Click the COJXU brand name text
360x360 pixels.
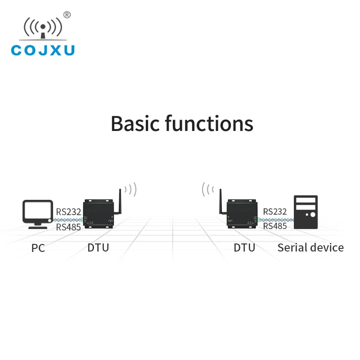43,49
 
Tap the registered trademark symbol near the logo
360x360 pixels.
67,15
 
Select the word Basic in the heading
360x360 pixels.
135,123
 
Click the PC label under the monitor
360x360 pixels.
38,247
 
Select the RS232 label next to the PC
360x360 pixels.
68,211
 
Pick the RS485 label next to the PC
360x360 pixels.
68,227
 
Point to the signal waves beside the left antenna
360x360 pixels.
131,189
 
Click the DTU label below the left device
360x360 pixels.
98,247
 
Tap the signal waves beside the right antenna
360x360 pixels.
207,189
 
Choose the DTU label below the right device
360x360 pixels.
244,247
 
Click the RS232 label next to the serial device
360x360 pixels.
275,211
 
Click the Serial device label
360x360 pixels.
310,247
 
